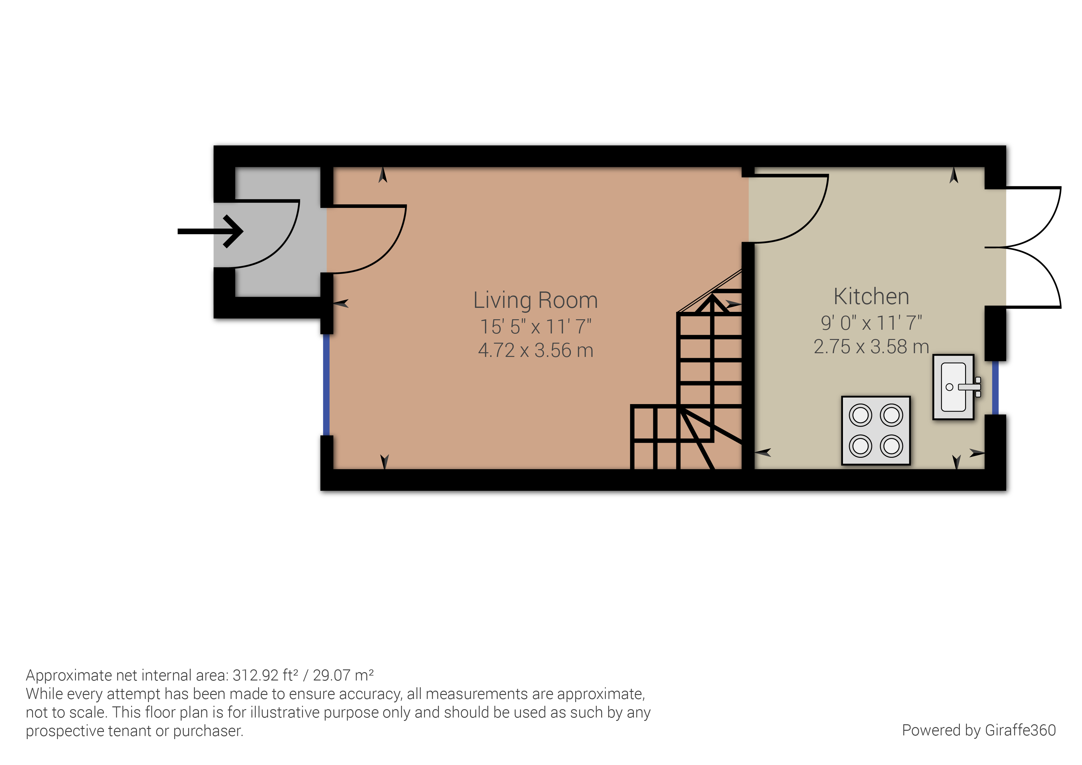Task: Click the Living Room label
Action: (535, 300)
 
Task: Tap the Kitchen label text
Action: (871, 296)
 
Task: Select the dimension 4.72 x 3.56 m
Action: (535, 350)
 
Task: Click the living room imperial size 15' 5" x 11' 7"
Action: (535, 326)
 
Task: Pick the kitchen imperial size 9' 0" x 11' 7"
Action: (871, 323)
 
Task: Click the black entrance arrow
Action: (211, 231)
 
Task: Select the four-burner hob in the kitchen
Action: (876, 430)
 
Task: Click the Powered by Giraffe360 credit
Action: (979, 730)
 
